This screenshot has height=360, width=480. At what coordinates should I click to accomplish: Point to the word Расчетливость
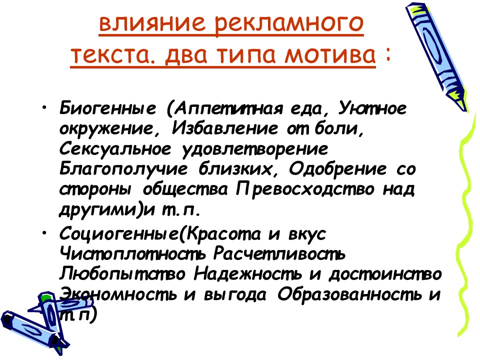coord(279,254)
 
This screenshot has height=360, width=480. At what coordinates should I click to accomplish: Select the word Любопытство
coord(123,274)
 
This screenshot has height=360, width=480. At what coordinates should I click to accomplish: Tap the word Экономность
coord(118,294)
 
